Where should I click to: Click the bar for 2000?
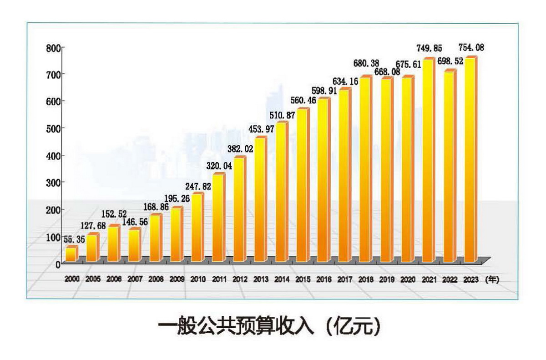click(x=71, y=254)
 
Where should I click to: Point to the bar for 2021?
click(x=428, y=161)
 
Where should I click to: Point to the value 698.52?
click(x=449, y=61)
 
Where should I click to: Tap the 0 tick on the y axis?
click(x=58, y=264)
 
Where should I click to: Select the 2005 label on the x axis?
click(x=92, y=279)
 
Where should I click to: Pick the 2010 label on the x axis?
click(x=197, y=279)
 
